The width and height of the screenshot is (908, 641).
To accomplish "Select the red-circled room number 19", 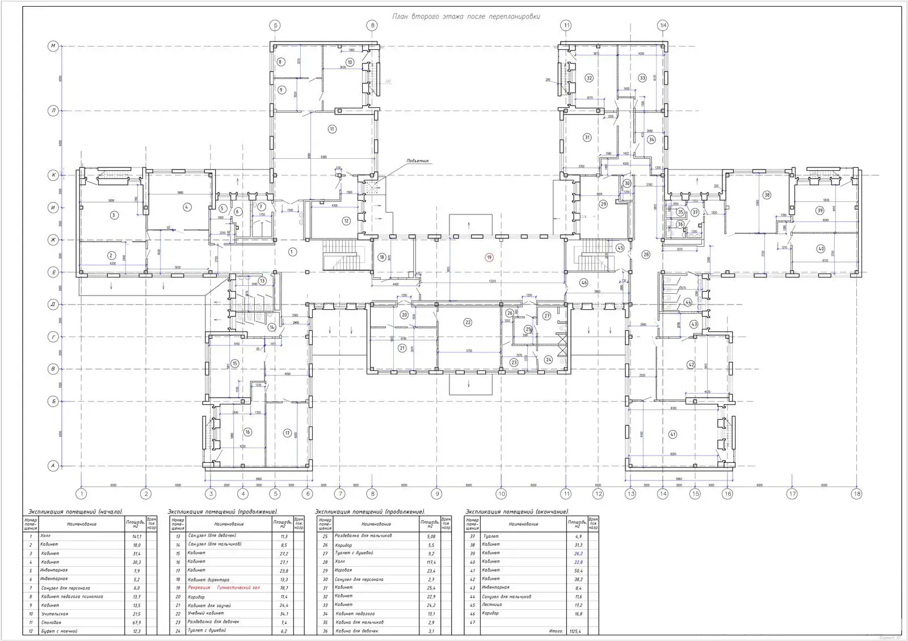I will point(489,257).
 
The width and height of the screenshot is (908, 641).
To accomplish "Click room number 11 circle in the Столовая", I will point(332,129).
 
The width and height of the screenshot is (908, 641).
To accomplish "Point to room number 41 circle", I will point(673,435).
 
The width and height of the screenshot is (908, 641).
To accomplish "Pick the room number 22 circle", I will point(468,322).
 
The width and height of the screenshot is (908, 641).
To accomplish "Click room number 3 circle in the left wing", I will point(113,215).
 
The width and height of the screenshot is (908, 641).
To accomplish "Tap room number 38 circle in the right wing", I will point(767,195).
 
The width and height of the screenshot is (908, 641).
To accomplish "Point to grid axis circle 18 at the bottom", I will point(856,494).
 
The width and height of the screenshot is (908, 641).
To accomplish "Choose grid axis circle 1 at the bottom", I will point(82,494).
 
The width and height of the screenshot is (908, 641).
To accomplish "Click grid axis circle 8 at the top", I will point(372,25).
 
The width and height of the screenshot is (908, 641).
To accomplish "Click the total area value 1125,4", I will point(576,631).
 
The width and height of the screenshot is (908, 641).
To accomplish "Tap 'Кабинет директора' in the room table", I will point(208,579).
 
